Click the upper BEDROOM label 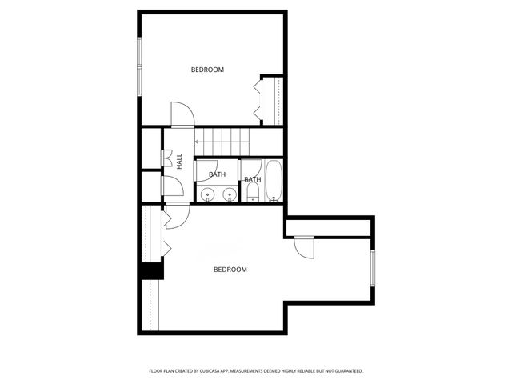[x=207, y=70]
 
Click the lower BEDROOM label [x=230, y=270]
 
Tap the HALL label [x=180, y=161]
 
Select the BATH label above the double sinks [x=218, y=174]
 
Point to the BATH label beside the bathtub [x=252, y=179]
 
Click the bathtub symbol [x=274, y=182]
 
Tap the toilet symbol [x=253, y=196]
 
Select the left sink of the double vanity [x=206, y=194]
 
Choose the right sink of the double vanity [x=230, y=194]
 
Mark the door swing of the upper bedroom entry [x=180, y=114]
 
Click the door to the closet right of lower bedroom [x=304, y=248]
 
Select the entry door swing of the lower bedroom [x=176, y=214]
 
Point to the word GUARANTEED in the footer [x=344, y=371]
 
